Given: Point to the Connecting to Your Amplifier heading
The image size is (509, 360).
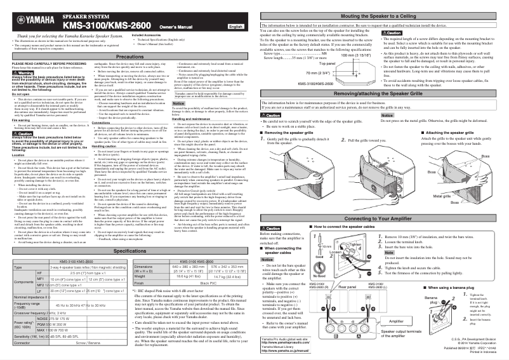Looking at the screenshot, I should click(x=383, y=200).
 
